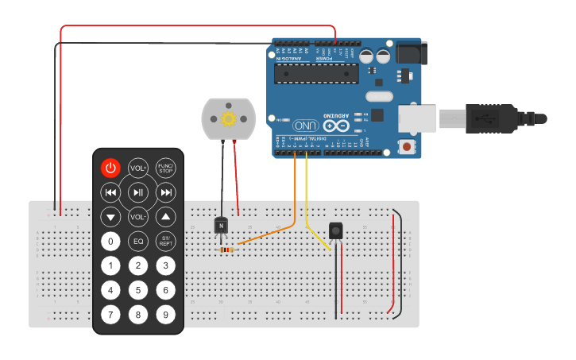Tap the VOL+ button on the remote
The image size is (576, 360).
click(138, 168)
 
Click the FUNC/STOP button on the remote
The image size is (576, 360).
click(165, 168)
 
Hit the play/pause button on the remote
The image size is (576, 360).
click(138, 192)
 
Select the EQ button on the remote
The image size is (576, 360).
click(138, 242)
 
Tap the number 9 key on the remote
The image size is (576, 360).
click(165, 314)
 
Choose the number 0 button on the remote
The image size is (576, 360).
click(111, 242)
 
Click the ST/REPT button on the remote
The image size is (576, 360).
click(165, 242)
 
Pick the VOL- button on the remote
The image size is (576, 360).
click(138, 216)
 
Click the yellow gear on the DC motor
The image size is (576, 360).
click(229, 119)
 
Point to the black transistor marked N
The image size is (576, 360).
click(222, 226)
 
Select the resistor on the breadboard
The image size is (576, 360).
click(227, 250)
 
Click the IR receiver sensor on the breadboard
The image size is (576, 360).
click(336, 231)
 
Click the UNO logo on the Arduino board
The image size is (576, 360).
click(306, 126)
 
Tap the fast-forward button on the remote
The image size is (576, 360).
click(165, 192)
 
